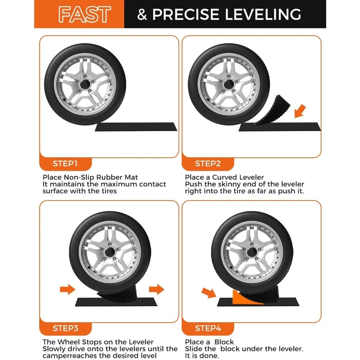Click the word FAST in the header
(85, 14)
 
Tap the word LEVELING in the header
(263, 14)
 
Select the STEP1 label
(65, 164)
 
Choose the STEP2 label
(208, 164)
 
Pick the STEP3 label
(66, 328)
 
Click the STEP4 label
(208, 328)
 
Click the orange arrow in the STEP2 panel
(300, 111)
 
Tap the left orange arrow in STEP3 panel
(68, 289)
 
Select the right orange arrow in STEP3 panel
(157, 289)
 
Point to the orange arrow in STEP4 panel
(209, 293)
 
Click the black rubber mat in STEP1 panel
(136, 127)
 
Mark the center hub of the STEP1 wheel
(85, 85)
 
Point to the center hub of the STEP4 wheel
(252, 252)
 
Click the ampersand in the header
(142, 14)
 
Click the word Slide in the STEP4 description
(194, 349)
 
